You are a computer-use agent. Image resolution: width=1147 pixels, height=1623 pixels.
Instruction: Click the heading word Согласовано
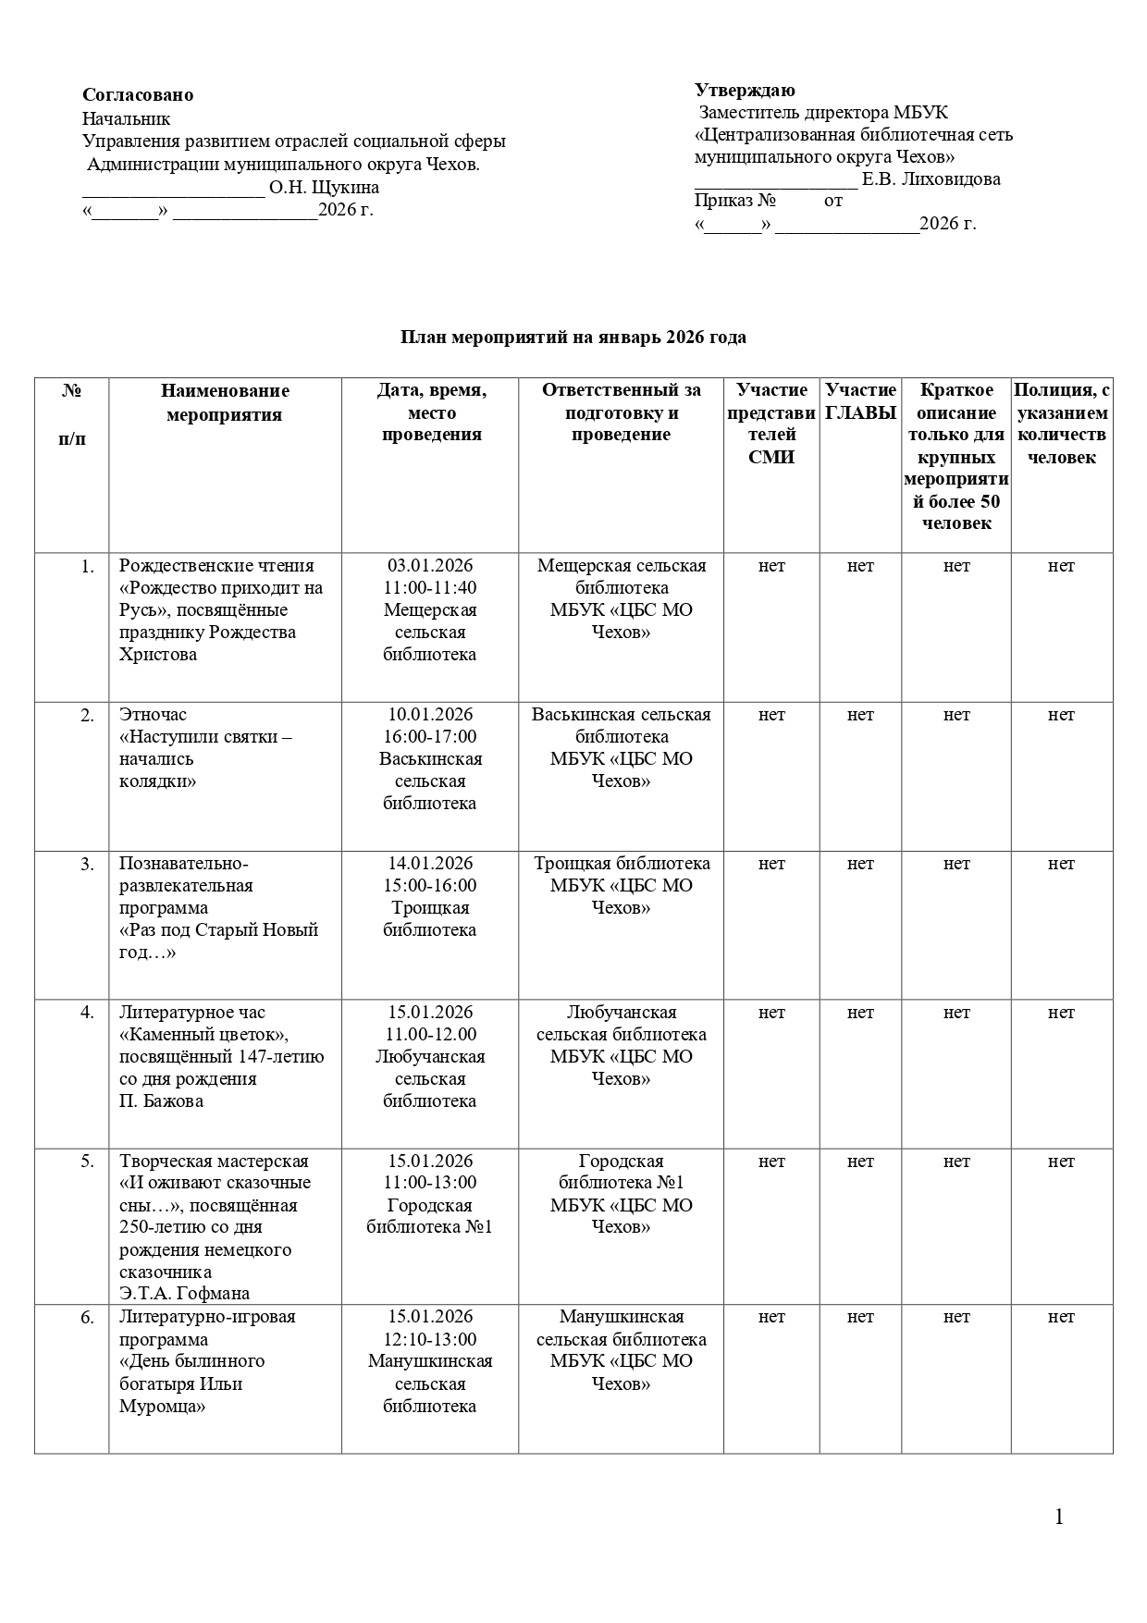[x=138, y=95]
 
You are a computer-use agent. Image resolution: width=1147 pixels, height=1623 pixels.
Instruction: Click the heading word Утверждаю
[x=745, y=90]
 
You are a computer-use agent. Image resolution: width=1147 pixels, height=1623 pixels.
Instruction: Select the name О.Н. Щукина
[x=324, y=188]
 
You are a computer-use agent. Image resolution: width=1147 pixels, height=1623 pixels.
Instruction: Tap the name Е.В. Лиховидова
[x=931, y=179]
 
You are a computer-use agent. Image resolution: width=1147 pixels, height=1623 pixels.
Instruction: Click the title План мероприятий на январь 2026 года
[x=573, y=338]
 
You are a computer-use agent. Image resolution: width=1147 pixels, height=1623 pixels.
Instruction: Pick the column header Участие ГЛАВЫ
[x=860, y=402]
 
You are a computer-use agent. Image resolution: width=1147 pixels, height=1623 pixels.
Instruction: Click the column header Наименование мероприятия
[x=224, y=402]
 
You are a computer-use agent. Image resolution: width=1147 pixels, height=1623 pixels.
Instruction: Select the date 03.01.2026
[x=430, y=566]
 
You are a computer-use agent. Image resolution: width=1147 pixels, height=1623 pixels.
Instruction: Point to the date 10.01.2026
[x=430, y=715]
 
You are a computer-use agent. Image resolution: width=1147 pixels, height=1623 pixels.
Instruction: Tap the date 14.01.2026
[x=430, y=864]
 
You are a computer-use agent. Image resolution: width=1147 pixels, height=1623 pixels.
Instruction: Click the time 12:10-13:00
[x=430, y=1339]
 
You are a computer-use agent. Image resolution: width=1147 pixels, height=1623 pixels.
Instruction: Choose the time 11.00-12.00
[x=430, y=1035]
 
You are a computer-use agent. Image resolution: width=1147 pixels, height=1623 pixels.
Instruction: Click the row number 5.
[x=87, y=1162]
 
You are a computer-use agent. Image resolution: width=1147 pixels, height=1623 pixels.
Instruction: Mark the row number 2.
[x=87, y=715]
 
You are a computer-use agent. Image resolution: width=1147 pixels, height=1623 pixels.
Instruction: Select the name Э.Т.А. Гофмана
[x=184, y=1294]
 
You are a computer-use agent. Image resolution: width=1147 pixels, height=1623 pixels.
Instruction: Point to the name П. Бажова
[x=161, y=1101]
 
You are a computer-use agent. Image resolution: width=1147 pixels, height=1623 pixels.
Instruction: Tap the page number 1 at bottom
[x=1059, y=1518]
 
